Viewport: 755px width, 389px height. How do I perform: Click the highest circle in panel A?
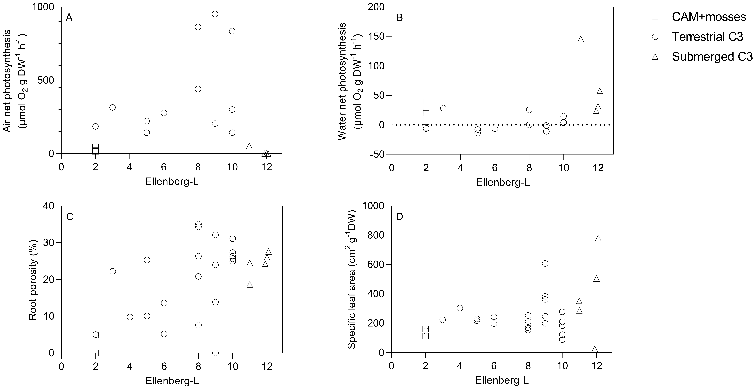pyautogui.click(x=215, y=14)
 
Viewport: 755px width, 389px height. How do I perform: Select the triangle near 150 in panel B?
pyautogui.click(x=581, y=39)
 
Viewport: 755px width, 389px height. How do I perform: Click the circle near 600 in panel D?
pyautogui.click(x=545, y=263)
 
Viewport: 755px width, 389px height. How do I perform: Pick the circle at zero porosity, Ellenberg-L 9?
pyautogui.click(x=215, y=353)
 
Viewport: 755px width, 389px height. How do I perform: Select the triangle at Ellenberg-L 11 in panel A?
pyautogui.click(x=249, y=146)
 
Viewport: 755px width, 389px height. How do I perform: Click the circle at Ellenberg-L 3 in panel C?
pyautogui.click(x=113, y=271)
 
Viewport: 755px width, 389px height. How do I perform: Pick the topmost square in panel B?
pyautogui.click(x=426, y=102)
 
